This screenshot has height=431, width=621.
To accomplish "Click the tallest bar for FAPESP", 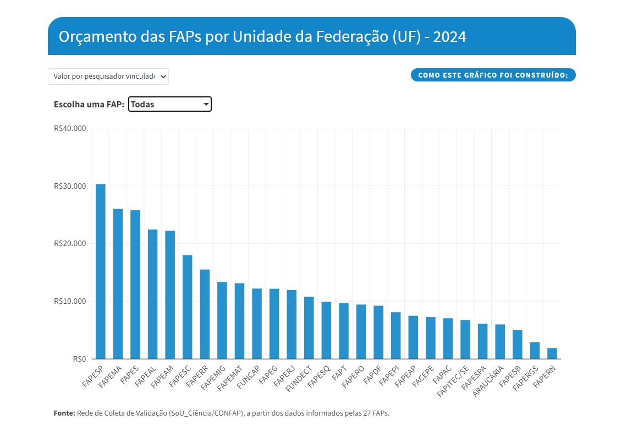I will [x=101, y=271].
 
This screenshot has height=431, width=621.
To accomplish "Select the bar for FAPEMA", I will [x=118, y=284].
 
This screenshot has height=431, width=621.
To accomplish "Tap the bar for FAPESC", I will [x=188, y=307].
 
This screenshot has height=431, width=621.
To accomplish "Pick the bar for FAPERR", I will [x=205, y=314].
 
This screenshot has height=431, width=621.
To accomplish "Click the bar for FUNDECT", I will [x=309, y=328].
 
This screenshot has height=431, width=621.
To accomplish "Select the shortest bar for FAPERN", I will [x=552, y=353].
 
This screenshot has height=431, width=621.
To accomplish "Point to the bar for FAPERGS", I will [x=535, y=350].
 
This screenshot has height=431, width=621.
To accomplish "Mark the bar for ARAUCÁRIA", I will [x=500, y=341].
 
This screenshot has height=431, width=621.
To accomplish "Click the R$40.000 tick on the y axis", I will [x=70, y=128].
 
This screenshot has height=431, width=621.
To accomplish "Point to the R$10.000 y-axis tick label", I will [x=70, y=301].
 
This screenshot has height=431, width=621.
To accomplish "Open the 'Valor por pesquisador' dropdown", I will [x=108, y=77].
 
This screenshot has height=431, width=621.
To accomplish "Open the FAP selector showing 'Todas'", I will [x=169, y=104].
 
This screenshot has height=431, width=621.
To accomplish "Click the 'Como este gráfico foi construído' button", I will [x=493, y=75].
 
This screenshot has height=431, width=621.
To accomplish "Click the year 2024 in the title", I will [x=449, y=37].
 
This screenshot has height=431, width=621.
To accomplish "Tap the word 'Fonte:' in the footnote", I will [x=64, y=413].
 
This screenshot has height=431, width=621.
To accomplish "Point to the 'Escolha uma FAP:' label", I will [x=89, y=105].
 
